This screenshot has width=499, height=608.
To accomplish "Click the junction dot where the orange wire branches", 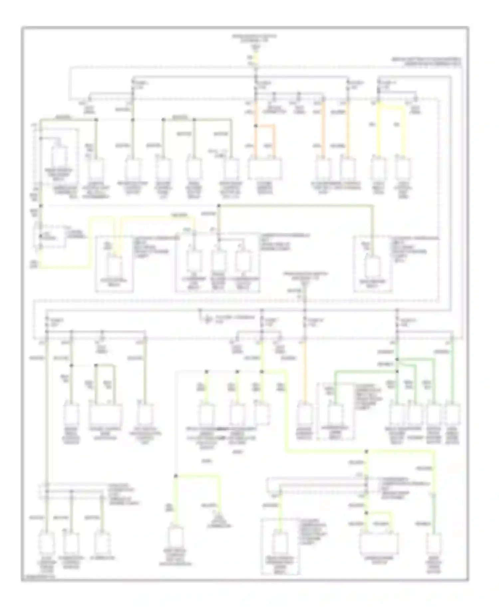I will pos(255,126).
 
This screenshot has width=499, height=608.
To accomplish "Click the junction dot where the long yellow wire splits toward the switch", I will pos(366,452).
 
